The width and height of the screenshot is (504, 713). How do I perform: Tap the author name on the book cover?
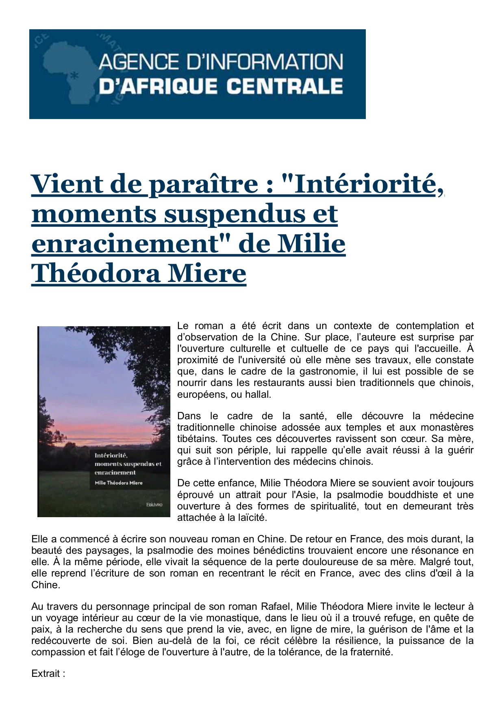point(119,483)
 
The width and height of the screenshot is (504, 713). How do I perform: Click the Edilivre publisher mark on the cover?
point(154,505)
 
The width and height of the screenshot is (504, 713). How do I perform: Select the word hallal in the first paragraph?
point(257,394)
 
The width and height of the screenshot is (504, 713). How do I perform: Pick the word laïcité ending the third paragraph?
point(248,518)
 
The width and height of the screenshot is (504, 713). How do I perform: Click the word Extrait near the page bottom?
point(46,674)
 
